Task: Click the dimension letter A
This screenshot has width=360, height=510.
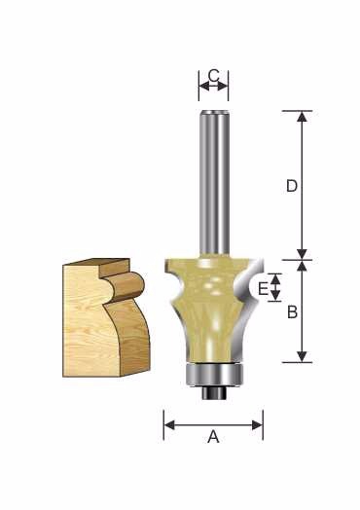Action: point(213,436)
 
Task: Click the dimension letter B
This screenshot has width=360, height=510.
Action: point(292,312)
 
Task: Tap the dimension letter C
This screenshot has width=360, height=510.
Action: point(213,76)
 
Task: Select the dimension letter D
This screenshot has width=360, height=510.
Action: point(292,186)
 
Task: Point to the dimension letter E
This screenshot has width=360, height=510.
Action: point(263,288)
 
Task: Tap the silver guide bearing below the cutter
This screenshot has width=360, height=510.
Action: point(214,375)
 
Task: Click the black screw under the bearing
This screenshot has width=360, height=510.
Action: point(214,392)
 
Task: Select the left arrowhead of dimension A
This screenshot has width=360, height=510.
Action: point(169,425)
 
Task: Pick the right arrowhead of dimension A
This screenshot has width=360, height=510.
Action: point(257,425)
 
